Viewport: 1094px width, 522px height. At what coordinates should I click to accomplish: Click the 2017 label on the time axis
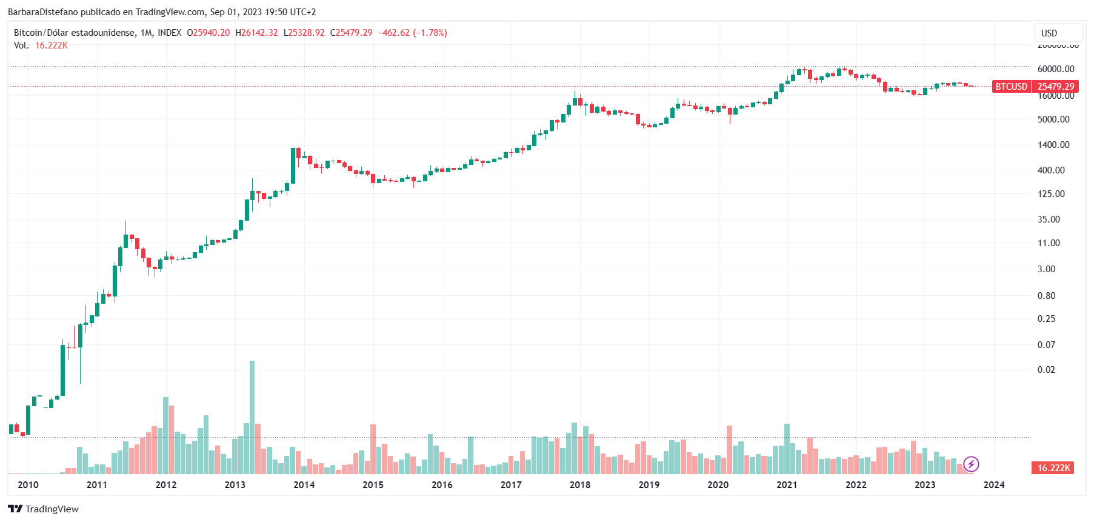511,484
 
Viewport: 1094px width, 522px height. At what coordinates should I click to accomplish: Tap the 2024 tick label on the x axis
994,484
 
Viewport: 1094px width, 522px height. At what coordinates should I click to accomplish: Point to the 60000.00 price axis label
1056,69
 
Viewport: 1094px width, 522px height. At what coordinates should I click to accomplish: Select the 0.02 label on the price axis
1046,370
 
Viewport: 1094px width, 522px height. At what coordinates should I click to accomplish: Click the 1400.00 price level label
1053,145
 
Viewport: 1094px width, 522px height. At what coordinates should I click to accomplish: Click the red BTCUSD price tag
1011,87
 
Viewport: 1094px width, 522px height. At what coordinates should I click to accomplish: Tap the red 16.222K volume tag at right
1053,467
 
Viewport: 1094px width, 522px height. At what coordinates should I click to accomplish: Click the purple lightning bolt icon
971,464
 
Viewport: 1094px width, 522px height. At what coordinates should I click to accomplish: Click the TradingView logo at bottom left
44,509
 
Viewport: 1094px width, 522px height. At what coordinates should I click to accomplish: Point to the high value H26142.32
256,33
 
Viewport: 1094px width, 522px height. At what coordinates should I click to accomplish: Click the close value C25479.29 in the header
351,33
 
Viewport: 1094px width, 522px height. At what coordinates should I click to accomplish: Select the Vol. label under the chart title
21,45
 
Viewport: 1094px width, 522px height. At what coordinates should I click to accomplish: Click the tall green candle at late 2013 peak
293,165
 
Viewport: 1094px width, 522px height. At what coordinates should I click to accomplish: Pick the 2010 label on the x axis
28,484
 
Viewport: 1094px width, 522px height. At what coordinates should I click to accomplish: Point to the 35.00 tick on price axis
1049,219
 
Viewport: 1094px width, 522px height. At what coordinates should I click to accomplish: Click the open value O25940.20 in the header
208,33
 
